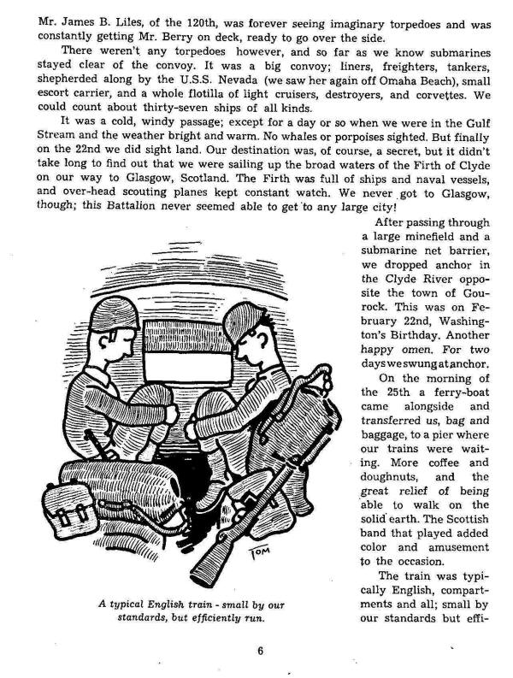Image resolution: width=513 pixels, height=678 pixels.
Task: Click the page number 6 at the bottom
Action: tap(259, 649)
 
